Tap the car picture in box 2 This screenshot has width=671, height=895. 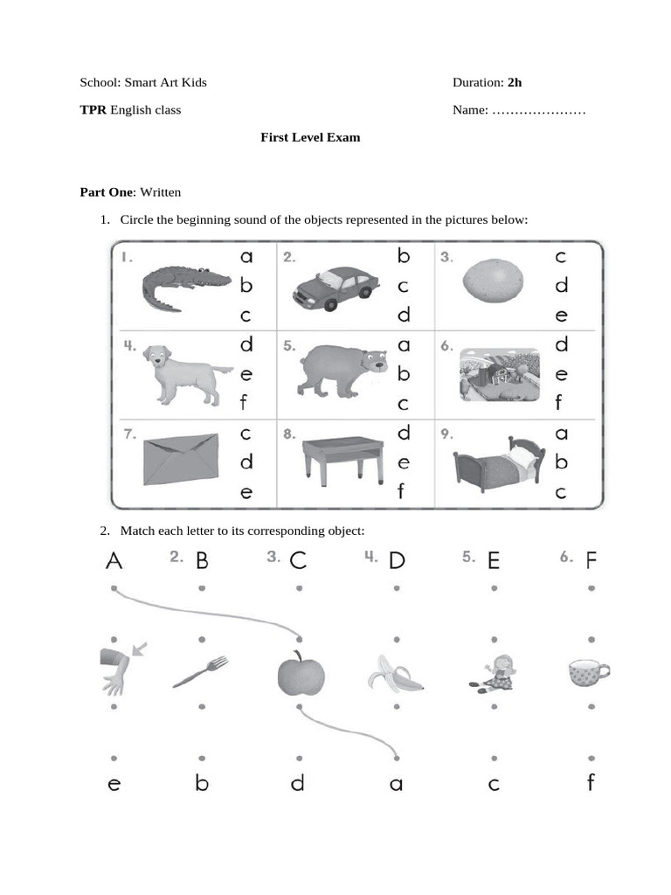tap(335, 288)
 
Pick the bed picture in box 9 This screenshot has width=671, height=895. tap(499, 464)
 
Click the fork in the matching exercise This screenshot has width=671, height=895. tap(201, 672)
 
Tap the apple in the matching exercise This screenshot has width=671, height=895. tap(301, 674)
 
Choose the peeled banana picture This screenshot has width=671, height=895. tap(397, 675)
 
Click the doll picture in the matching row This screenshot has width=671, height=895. tap(494, 674)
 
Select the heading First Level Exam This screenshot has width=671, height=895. tap(310, 137)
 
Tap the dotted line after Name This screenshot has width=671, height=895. tap(538, 110)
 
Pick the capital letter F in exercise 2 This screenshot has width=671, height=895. tap(592, 561)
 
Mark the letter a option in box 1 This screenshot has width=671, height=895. tap(246, 256)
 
